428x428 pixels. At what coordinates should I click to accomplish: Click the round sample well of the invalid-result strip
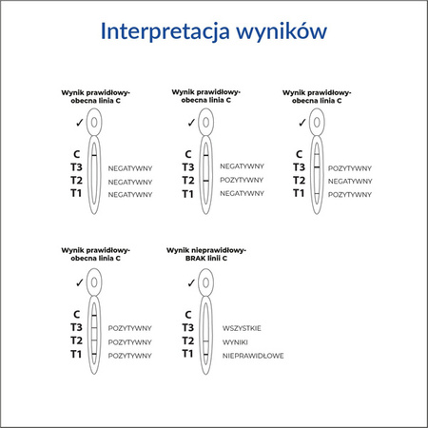pyautogui.click(x=204, y=282)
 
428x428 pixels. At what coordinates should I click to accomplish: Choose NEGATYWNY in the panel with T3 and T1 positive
pyautogui.click(x=349, y=181)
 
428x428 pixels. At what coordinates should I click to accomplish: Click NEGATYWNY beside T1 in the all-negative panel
pyautogui.click(x=130, y=194)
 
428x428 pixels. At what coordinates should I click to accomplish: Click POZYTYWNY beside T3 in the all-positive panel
pyautogui.click(x=130, y=327)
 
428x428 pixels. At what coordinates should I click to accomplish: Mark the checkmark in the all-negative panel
pyautogui.click(x=79, y=122)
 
